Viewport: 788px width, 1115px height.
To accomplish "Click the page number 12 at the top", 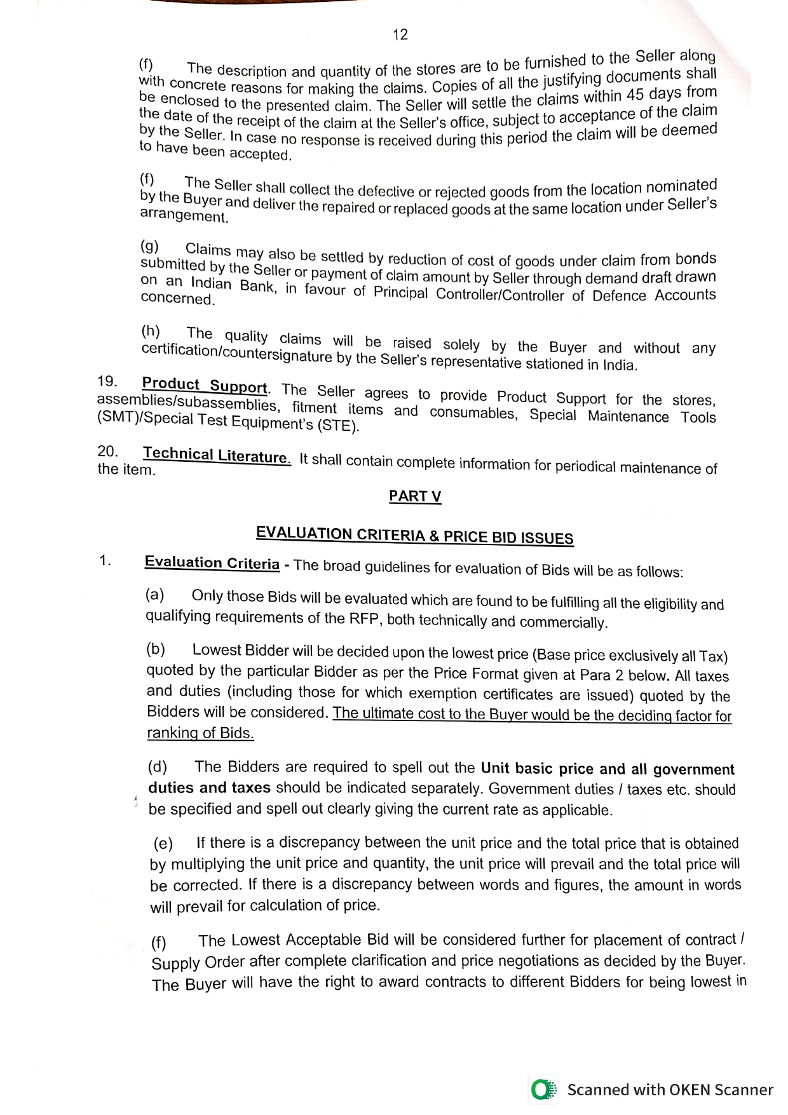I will click(400, 34).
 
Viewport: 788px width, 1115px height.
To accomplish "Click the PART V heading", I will click(415, 497).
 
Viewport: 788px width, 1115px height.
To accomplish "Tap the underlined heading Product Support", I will click(204, 386).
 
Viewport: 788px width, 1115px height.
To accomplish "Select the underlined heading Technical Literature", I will click(217, 456).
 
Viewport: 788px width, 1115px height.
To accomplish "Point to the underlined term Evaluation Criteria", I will click(212, 563).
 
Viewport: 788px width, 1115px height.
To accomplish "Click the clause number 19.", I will click(107, 381).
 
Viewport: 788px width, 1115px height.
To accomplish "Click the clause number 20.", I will click(108, 451).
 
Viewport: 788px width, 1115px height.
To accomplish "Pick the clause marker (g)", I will click(150, 247).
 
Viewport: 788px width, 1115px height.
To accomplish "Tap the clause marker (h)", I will click(151, 331).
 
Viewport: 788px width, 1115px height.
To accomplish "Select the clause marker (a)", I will click(155, 595).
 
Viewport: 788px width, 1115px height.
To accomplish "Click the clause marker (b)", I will click(156, 649).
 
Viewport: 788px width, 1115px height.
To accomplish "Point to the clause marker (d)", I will click(158, 766).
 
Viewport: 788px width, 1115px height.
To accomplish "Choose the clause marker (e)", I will click(163, 843).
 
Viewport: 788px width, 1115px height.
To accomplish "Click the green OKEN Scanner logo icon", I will click(542, 1090).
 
